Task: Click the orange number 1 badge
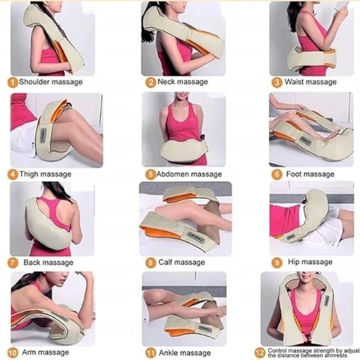[13, 82]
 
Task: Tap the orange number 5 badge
[151, 175]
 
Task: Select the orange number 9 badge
[277, 263]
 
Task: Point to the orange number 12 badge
[260, 353]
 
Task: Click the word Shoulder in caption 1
[34, 82]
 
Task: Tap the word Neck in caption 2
[166, 82]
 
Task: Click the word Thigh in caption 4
[28, 174]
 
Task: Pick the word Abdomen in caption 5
[171, 174]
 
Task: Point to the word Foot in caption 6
[293, 174]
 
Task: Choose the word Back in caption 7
[32, 262]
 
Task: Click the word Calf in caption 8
[166, 262]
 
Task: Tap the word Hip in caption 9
[294, 262]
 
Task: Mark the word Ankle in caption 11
[168, 353]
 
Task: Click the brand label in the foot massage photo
[305, 140]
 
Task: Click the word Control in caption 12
[277, 351]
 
